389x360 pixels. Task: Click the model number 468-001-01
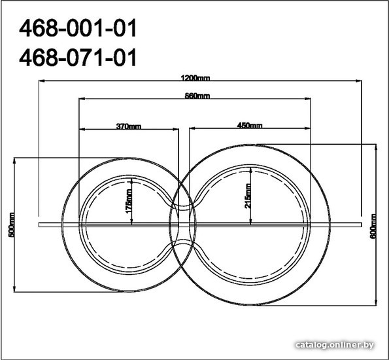click(x=78, y=28)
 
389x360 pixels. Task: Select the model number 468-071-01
click(x=78, y=58)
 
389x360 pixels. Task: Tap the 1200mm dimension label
click(x=195, y=79)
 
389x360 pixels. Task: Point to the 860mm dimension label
click(x=197, y=96)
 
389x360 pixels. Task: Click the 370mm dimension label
click(x=129, y=126)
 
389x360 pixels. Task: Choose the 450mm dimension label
click(x=250, y=125)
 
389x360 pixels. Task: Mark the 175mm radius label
click(x=129, y=201)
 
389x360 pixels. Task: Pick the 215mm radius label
click(x=248, y=196)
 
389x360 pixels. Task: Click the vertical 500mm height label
click(x=11, y=225)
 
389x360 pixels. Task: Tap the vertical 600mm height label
click(x=373, y=226)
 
